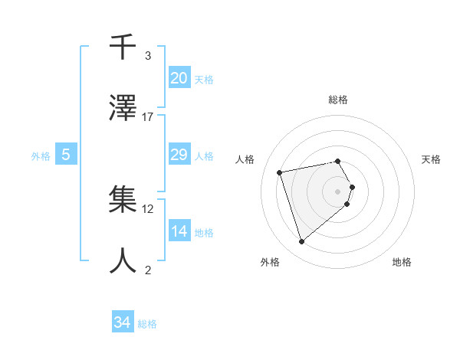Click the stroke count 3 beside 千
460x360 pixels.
[x=148, y=55]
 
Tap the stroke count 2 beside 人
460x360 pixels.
[x=148, y=270]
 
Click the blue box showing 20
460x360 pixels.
[x=179, y=78]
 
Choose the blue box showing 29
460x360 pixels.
[x=179, y=155]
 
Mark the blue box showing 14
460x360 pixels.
[x=179, y=231]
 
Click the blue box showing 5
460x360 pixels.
[x=66, y=155]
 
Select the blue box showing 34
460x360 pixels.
[x=123, y=322]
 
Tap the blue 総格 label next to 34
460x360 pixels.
[x=147, y=324]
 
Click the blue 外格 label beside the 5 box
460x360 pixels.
[x=41, y=155]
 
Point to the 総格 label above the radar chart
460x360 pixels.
[x=338, y=100]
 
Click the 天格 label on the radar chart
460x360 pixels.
[x=431, y=159]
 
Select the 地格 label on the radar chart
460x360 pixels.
[x=402, y=262]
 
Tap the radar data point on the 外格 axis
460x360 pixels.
[x=302, y=241]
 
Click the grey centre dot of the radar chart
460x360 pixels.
[x=338, y=191]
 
